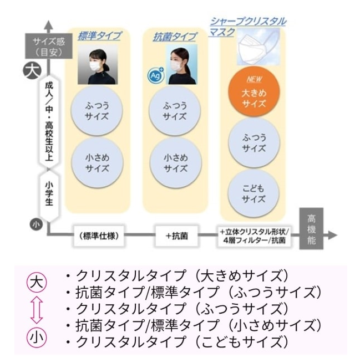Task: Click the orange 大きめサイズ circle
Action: (254, 91)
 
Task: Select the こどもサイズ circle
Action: (253, 193)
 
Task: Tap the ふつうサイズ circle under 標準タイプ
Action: (97, 110)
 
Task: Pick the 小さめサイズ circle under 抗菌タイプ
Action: (175, 162)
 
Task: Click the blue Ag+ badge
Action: (156, 75)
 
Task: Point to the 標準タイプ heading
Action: (99, 35)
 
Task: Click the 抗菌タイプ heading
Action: (174, 37)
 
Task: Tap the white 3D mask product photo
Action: (258, 47)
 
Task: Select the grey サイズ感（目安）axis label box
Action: (49, 46)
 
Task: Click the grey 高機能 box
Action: (311, 228)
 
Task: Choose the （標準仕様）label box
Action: (99, 236)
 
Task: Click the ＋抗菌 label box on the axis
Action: (176, 236)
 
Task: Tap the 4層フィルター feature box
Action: (254, 236)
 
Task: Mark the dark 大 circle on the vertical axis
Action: (32, 70)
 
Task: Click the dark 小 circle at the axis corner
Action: (36, 224)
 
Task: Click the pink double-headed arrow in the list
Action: (37, 310)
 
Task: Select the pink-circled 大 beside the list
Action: (37, 283)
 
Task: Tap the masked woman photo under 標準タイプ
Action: (98, 64)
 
